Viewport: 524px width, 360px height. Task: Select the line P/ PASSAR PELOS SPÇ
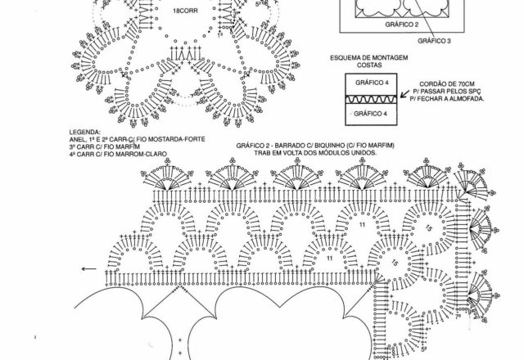coord(452,91)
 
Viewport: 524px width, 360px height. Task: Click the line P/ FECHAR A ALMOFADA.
coord(452,98)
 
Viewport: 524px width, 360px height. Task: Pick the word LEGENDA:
coord(87,131)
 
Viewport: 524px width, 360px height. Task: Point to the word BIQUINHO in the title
coord(346,145)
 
